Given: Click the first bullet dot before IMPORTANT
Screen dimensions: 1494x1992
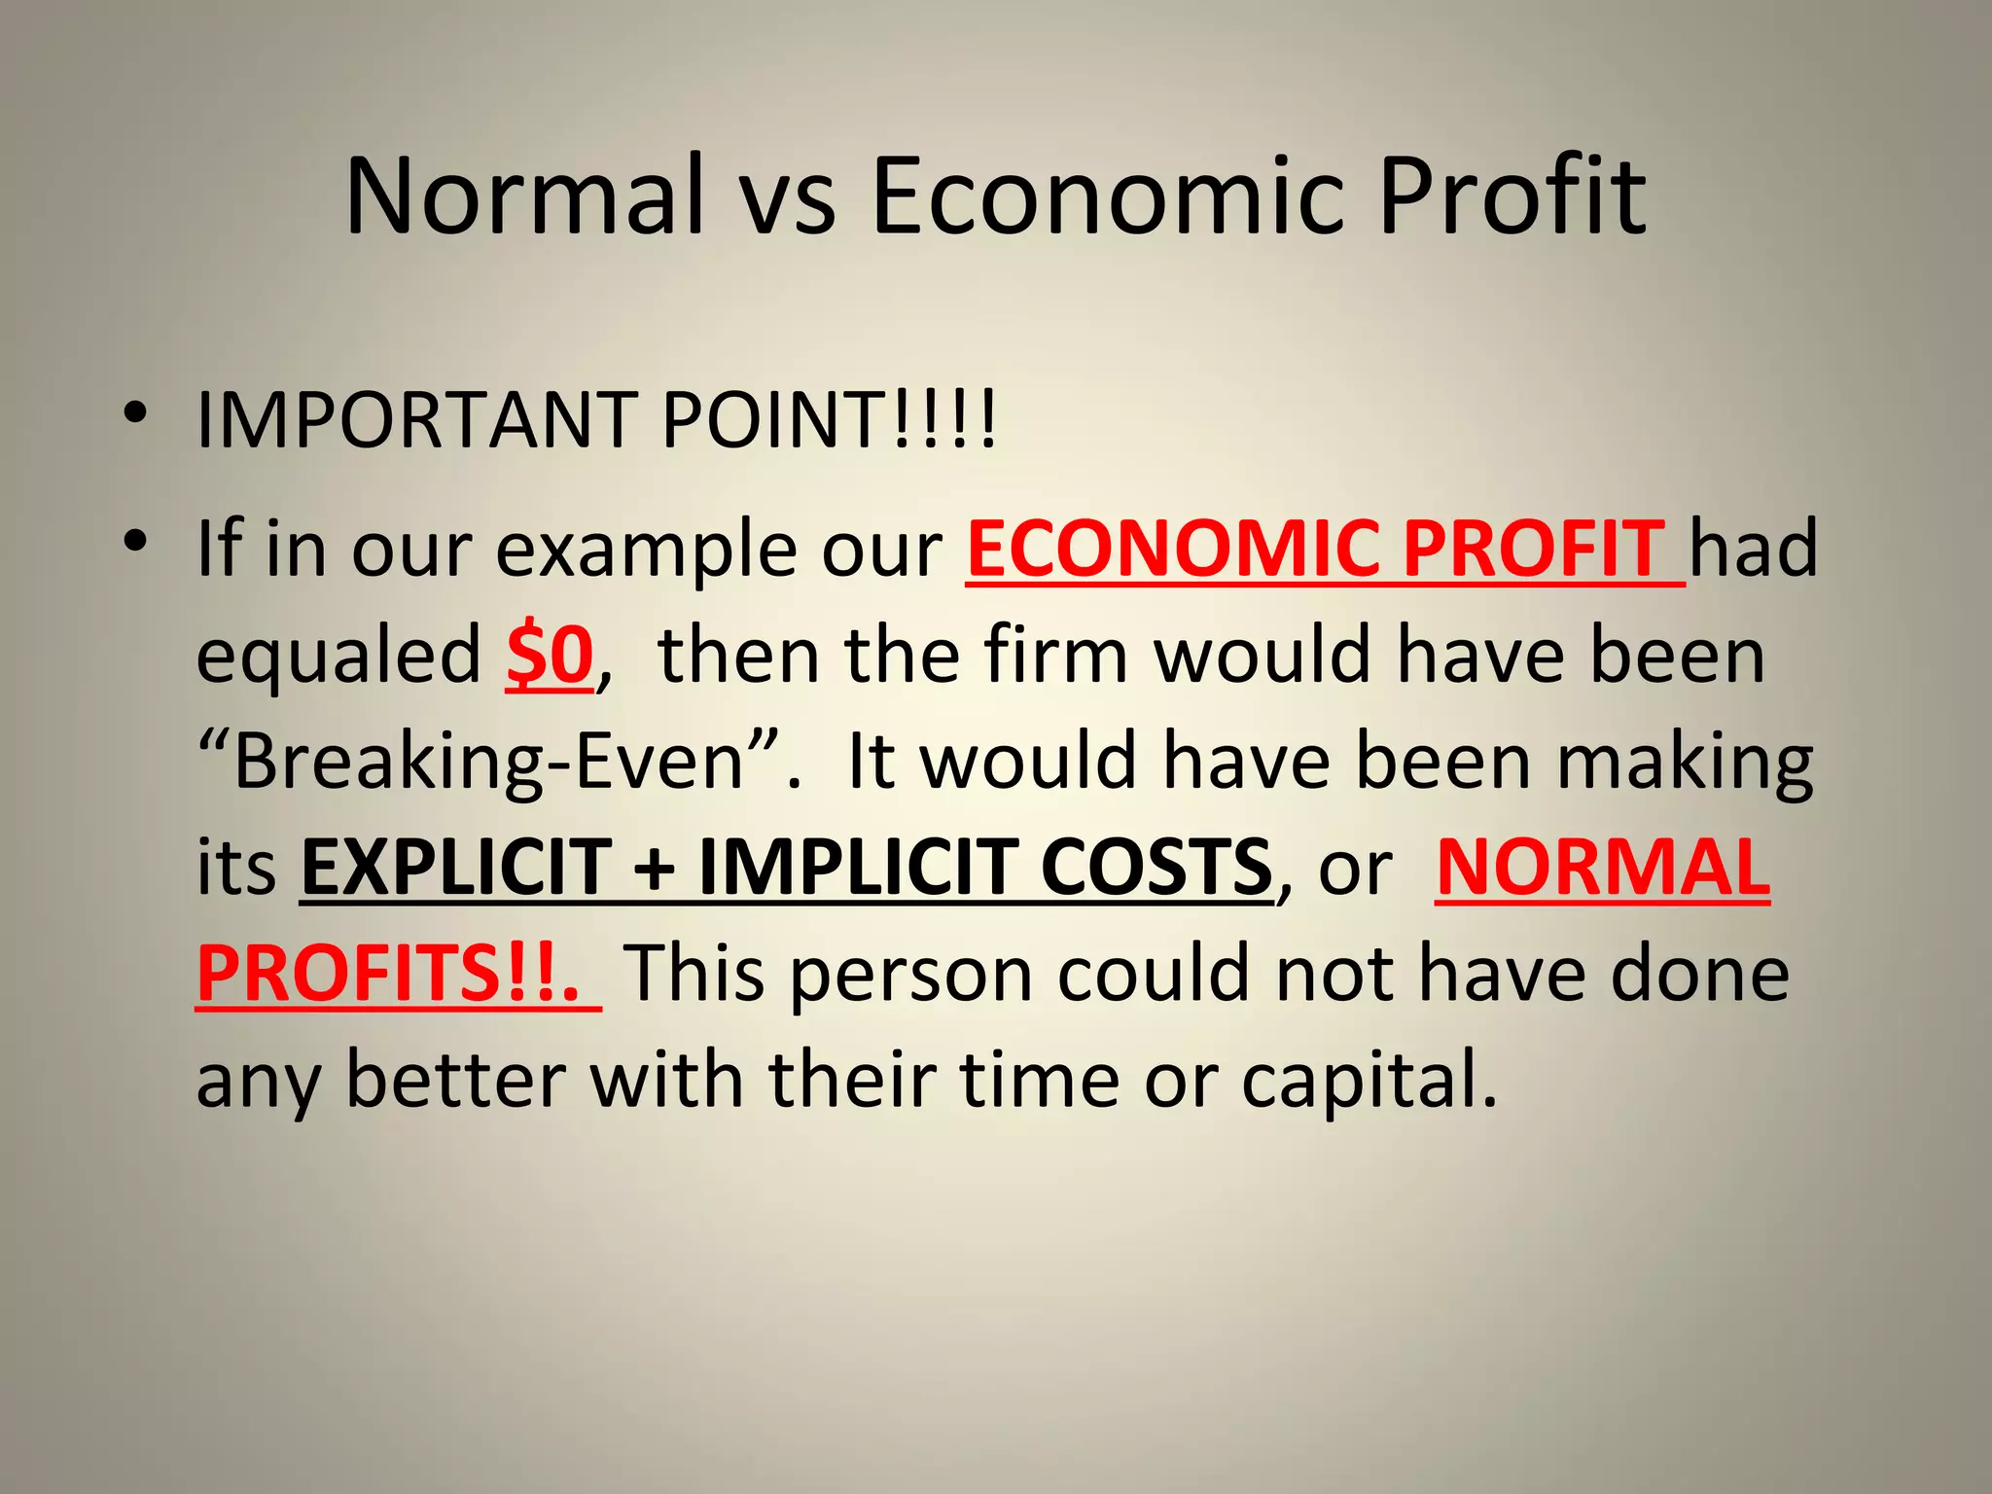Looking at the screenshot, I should (135, 413).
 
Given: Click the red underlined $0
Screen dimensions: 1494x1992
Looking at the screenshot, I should (550, 656).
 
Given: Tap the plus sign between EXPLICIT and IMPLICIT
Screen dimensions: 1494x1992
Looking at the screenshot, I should (655, 869).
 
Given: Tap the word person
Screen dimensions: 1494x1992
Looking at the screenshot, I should (910, 976).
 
